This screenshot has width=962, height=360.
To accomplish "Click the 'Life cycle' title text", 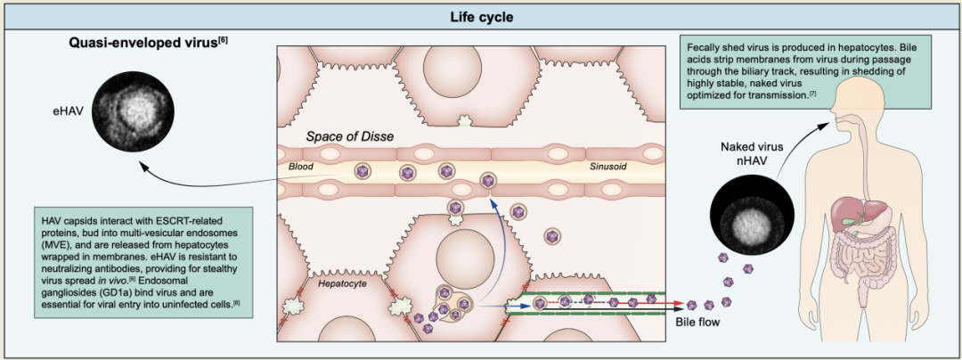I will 480,16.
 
